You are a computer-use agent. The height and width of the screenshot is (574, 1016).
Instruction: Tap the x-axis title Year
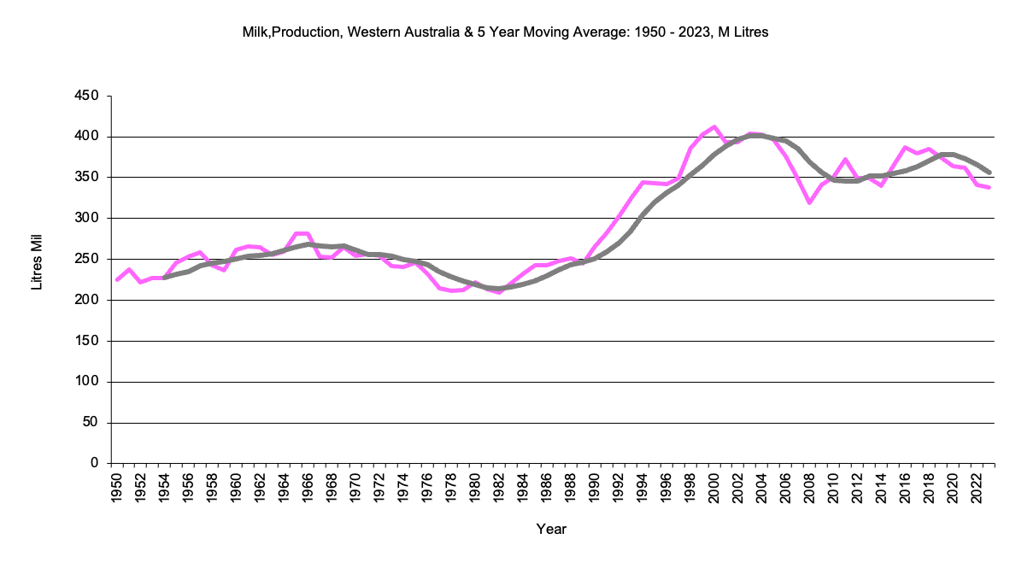click(551, 530)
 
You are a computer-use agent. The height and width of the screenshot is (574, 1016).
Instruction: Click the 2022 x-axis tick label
click(978, 489)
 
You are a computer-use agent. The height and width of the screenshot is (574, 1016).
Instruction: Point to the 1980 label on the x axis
click(476, 489)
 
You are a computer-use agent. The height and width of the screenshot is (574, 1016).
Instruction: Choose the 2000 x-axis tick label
click(714, 489)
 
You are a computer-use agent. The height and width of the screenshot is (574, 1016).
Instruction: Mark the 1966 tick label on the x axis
click(308, 489)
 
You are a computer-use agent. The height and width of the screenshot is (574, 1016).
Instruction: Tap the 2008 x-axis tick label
click(810, 489)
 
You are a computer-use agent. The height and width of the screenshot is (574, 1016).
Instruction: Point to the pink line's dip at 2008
click(810, 203)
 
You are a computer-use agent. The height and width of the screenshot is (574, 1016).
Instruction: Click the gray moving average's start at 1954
click(165, 278)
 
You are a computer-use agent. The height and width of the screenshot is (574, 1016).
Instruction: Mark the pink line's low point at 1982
click(500, 292)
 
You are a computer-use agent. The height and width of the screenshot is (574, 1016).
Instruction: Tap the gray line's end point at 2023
click(990, 173)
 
